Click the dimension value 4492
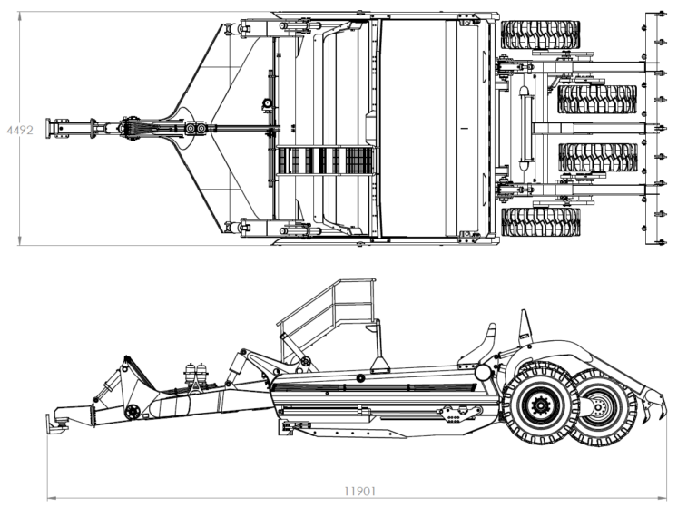(x=20, y=130)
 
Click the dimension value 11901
(x=360, y=492)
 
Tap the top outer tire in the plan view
(x=541, y=34)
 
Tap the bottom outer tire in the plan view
(x=541, y=222)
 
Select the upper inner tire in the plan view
(x=597, y=99)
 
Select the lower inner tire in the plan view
(x=598, y=157)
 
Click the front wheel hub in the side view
(x=541, y=405)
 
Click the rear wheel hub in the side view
(x=598, y=407)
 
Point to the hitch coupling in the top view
(x=57, y=129)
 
